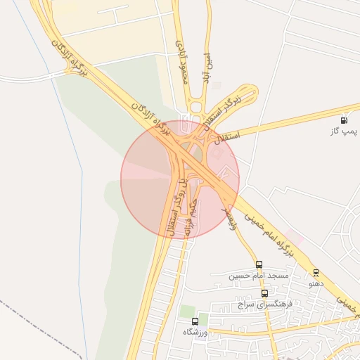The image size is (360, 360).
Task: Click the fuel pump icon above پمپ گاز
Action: point(344,120)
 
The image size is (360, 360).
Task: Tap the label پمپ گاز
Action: point(344,131)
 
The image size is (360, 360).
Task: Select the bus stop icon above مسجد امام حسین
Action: point(259,265)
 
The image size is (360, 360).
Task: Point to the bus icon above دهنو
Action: point(316,273)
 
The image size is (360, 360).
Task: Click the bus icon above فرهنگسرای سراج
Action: point(264,293)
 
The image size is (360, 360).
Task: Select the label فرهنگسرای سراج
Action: point(264,304)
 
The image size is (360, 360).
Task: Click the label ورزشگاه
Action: point(197,331)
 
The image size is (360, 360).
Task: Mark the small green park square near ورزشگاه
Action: point(186,310)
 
